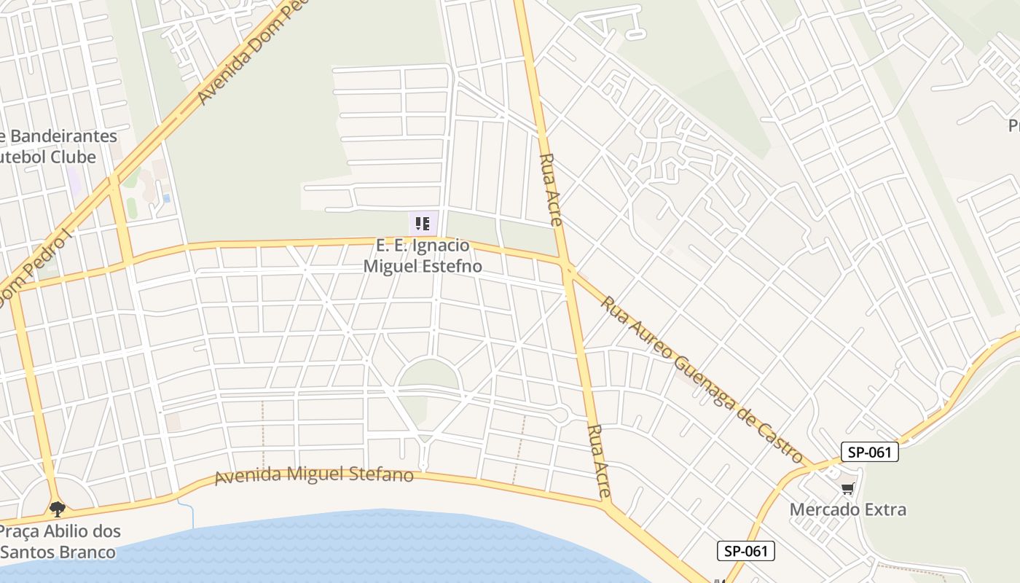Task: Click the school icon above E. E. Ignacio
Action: click(x=423, y=223)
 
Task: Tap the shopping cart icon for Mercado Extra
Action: click(x=847, y=488)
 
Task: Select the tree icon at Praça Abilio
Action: click(x=57, y=508)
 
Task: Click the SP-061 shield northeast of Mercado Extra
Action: click(x=870, y=452)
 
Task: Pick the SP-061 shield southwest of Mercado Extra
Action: click(x=746, y=551)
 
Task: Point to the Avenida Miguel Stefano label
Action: click(x=314, y=475)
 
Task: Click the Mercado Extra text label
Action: click(x=848, y=509)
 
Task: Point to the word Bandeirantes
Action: click(x=64, y=136)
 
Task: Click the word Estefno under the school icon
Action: click(x=452, y=266)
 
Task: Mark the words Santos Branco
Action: click(x=58, y=552)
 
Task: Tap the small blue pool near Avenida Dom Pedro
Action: click(x=167, y=197)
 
